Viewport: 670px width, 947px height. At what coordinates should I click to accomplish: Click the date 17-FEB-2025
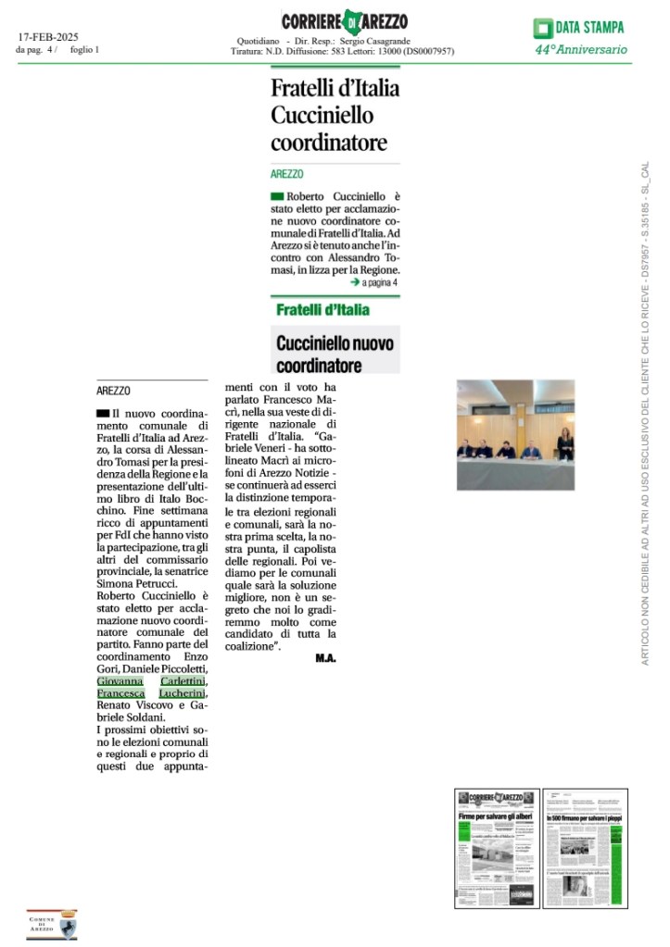pos(48,37)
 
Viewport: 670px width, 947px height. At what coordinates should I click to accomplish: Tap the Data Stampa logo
pos(580,28)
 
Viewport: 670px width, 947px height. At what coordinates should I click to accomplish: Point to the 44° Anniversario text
pos(580,49)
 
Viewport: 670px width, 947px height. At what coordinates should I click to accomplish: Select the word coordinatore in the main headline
pos(328,143)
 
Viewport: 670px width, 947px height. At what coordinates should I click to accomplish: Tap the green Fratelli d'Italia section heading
pos(322,310)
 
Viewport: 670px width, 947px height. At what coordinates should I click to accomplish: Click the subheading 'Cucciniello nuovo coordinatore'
pos(335,353)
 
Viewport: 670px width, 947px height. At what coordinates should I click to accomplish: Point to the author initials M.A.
pos(324,658)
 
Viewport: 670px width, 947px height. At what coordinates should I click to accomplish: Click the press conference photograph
pos(515,434)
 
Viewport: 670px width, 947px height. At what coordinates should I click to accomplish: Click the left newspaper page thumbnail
pos(494,847)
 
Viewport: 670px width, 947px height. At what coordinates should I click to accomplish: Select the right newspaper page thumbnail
pos(584,847)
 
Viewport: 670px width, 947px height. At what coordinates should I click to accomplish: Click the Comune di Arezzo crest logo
pos(51,922)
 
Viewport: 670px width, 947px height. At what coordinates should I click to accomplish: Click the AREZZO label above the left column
pos(113,391)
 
